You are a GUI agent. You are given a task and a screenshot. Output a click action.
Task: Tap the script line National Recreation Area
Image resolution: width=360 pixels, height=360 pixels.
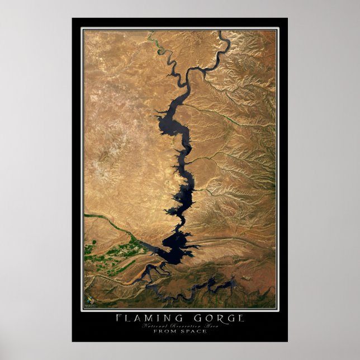click(179, 325)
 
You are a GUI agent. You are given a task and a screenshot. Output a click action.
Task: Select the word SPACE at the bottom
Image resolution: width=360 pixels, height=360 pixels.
click(195, 331)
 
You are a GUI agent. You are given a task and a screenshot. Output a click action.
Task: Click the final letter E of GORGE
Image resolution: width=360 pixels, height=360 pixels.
click(241, 318)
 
